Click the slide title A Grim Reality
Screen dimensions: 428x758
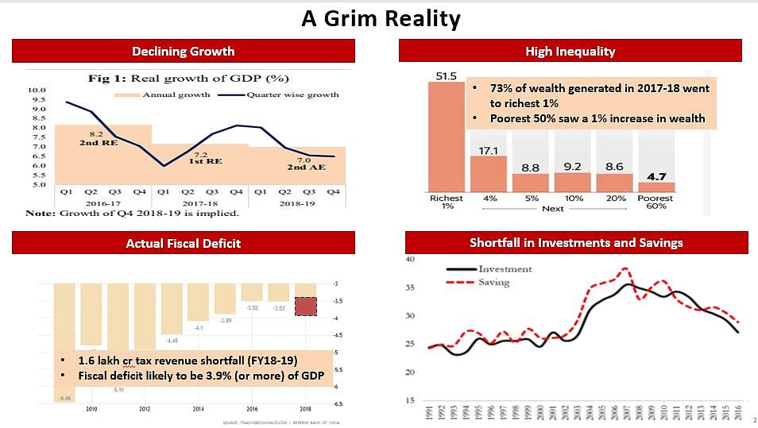pos(381,18)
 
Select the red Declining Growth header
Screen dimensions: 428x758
pos(183,52)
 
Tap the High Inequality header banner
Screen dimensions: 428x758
pos(570,52)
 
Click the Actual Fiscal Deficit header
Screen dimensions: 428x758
pos(183,243)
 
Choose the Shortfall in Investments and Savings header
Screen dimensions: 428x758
pos(576,242)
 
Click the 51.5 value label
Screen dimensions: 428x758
pos(447,76)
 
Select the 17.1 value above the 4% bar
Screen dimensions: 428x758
pos(488,149)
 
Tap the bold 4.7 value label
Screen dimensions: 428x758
pos(656,176)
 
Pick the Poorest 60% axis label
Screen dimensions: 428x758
pos(656,202)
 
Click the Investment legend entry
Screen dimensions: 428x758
pos(505,269)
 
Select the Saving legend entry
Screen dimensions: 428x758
pos(493,282)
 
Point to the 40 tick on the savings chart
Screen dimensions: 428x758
pos(410,259)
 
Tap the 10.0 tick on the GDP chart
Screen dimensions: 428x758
pos(37,91)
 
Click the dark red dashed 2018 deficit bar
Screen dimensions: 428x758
pos(305,306)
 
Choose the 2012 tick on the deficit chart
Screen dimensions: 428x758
pos(144,409)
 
